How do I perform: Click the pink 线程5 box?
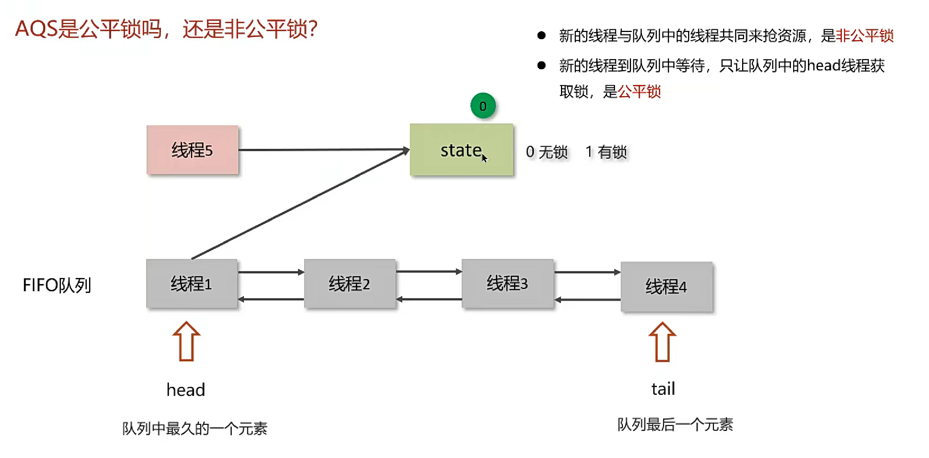192,150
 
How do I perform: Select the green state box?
461,150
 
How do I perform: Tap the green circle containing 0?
483,106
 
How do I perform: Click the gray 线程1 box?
191,284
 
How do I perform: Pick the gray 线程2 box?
349,284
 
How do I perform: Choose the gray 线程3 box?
507,283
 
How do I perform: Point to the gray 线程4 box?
666,286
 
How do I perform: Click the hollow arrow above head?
186,342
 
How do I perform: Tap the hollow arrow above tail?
662,342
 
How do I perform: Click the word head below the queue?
186,389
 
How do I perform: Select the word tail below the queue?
663,389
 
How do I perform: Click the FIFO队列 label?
57,285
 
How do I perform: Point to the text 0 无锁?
547,152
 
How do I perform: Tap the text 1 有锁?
606,152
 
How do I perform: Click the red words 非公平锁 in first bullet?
864,36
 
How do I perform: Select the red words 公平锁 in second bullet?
639,91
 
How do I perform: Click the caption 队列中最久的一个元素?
195,428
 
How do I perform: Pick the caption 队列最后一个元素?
675,424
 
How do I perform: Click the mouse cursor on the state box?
484,158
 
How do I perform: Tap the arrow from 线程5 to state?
323,150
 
